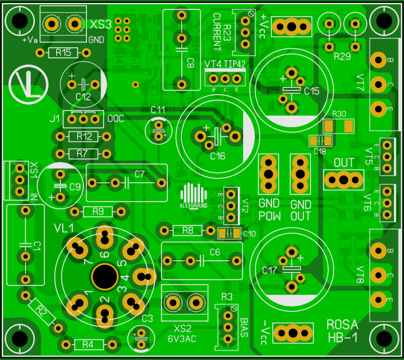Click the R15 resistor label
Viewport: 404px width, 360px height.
[63, 53]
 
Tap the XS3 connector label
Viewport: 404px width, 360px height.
[101, 25]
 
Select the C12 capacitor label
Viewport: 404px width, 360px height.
[83, 96]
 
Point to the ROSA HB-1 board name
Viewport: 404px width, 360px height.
[342, 332]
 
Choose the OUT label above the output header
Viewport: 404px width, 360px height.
[344, 163]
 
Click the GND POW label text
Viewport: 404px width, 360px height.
[270, 210]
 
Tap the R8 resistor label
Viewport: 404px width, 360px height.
[188, 230]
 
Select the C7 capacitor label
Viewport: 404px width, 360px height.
[140, 174]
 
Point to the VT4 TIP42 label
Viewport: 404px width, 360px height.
[225, 64]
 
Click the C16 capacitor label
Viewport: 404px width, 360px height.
[218, 156]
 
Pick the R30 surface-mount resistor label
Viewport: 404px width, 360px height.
[339, 115]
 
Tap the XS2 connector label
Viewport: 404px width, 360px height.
[183, 328]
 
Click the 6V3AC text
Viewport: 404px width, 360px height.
[182, 339]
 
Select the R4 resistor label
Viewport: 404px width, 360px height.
[88, 344]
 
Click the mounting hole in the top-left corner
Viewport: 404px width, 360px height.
[20, 21]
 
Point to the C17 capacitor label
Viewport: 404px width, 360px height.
[270, 270]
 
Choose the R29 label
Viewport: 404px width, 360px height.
[342, 57]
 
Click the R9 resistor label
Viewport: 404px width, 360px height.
[98, 211]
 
